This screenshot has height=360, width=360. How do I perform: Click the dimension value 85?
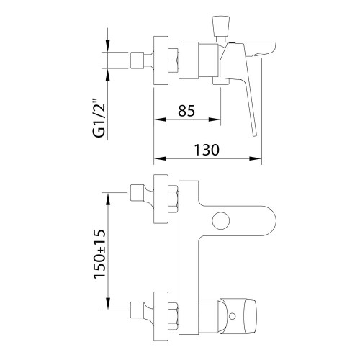point(186,111)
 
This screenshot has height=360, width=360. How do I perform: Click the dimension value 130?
point(207,150)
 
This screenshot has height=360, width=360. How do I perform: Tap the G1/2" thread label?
point(99,120)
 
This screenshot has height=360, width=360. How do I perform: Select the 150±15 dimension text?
point(99,253)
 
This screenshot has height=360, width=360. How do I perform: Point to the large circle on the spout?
point(221,221)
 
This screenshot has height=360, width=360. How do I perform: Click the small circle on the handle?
point(232,316)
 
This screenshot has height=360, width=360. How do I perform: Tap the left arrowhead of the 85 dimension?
point(160,120)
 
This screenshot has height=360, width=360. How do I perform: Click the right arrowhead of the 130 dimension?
point(255,158)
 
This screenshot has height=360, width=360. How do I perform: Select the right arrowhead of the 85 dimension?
point(214,120)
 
